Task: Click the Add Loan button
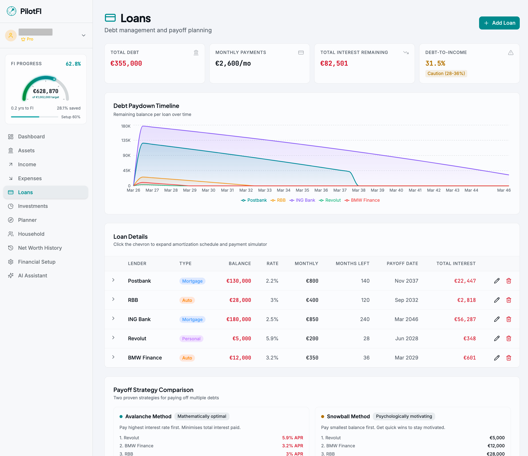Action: pos(499,23)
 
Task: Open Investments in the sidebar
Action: pos(33,206)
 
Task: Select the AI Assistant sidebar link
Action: pos(32,276)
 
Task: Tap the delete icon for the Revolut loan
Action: pos(509,338)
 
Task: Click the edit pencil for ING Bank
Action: pos(497,319)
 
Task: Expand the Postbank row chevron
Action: pos(113,280)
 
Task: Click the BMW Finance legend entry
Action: pos(362,200)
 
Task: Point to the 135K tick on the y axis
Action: pos(126,140)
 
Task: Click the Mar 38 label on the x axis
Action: pos(359,190)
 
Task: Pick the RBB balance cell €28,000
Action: pos(240,300)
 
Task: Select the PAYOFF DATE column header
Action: pos(402,263)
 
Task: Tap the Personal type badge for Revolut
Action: pos(191,338)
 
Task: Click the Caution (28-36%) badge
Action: pos(446,73)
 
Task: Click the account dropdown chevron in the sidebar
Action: pos(84,35)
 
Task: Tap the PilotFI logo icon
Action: pos(11,11)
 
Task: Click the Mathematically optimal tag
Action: pos(202,416)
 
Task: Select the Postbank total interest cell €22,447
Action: pos(465,281)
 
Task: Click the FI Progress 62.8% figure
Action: pos(73,64)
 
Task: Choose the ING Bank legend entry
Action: pos(302,200)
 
